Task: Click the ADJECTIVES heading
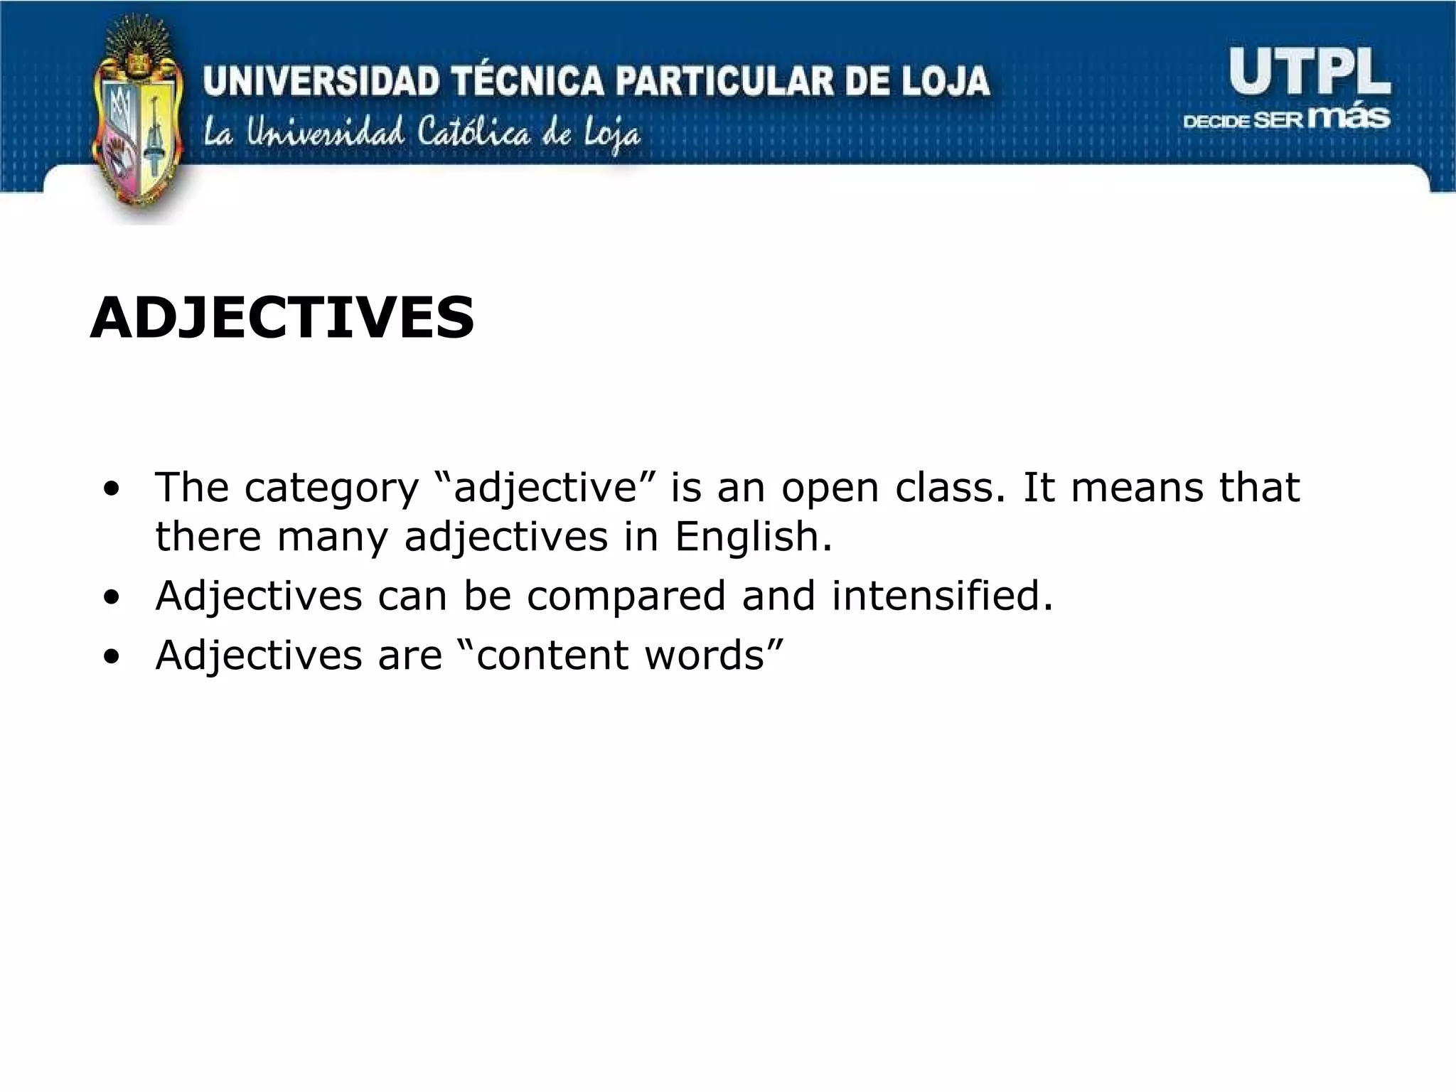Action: [282, 318]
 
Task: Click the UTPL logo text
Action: [1309, 72]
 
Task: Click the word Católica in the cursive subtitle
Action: [474, 133]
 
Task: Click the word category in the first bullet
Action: [331, 488]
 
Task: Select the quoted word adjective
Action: [545, 488]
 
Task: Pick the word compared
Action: [626, 596]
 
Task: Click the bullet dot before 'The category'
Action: [111, 490]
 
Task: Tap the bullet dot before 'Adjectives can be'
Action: [111, 597]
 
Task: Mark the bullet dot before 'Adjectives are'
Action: [111, 656]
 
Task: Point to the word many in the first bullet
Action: [332, 537]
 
